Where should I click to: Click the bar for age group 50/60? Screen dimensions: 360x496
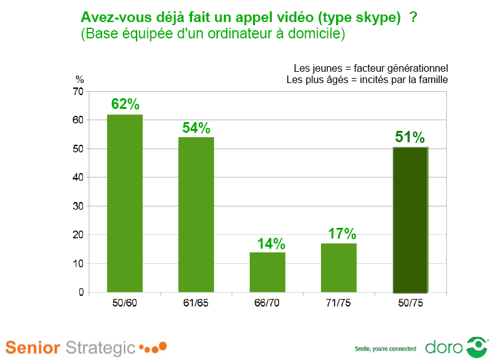coord(125,203)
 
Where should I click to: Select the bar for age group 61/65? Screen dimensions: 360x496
coord(196,215)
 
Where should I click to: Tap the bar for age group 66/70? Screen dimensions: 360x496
coord(268,272)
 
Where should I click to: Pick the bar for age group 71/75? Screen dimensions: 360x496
coord(339,267)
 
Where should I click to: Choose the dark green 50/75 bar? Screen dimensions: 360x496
coord(410,220)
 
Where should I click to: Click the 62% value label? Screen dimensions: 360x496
coord(125,104)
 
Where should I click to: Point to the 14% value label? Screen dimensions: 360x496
coord(271,244)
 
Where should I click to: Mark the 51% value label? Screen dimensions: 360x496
coord(410,137)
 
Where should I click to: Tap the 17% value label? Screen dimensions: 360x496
coord(342,234)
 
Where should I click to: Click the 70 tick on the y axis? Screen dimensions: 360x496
coord(79,92)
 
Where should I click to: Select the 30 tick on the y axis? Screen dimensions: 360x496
coord(79,206)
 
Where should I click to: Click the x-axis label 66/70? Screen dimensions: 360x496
coord(268,303)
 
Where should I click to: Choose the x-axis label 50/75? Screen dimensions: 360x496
coord(410,303)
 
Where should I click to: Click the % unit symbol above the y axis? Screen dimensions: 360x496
coord(79,79)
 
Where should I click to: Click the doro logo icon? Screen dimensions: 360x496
coord(476,347)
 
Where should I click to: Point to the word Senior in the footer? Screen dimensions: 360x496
coord(33,347)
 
